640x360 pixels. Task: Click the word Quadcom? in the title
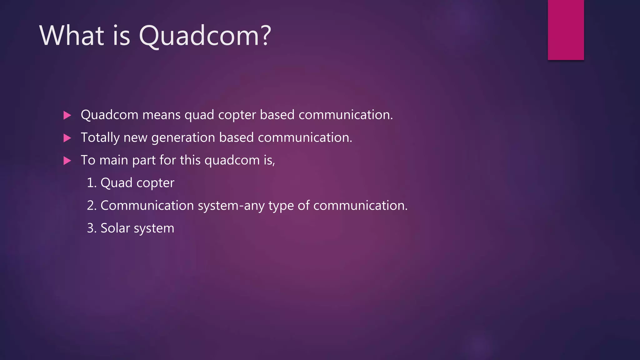tap(205, 36)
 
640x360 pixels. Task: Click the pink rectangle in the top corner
tap(566, 30)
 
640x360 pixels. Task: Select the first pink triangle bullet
tap(67, 115)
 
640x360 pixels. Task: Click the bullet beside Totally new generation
tap(67, 138)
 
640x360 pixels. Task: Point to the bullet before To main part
tap(67, 161)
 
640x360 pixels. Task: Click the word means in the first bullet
tap(161, 115)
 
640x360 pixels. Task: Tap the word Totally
tap(100, 138)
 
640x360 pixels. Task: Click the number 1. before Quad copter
tap(92, 183)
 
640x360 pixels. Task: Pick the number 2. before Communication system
tap(92, 206)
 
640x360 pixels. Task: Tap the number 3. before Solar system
tap(92, 228)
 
